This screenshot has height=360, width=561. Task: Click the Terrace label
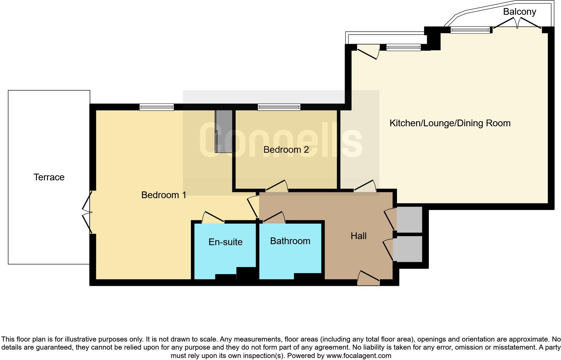[49, 177]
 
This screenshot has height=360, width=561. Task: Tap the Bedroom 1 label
[164, 195]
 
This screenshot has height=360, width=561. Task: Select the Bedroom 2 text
[286, 150]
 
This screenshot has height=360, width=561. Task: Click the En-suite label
[225, 242]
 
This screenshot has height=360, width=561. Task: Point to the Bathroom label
[290, 241]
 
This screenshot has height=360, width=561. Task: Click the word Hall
[358, 236]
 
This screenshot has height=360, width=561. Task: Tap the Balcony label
[519, 12]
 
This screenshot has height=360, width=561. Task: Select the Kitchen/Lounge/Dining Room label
[450, 123]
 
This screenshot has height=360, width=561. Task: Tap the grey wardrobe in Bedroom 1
[223, 131]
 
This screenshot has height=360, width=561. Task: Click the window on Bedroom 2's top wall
[279, 107]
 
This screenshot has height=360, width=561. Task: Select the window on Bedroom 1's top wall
[157, 107]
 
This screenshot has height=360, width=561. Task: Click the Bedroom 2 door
[276, 187]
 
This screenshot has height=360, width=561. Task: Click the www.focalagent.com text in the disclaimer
[359, 355]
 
